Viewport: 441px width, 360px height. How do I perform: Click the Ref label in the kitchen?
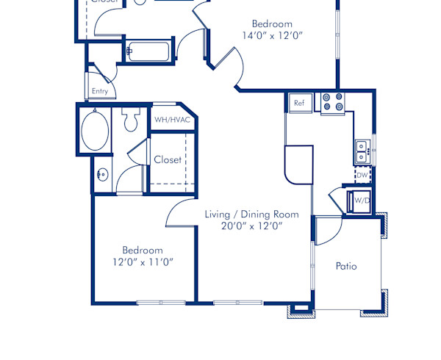coord(299,103)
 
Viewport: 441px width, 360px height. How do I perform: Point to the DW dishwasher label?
coord(362,176)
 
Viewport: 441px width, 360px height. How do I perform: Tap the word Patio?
coord(346,266)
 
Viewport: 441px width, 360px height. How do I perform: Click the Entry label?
coord(100,91)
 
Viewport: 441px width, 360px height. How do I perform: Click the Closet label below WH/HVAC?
coord(168,159)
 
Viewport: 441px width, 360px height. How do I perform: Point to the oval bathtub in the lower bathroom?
coord(95,130)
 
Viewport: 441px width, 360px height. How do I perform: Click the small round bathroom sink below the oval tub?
coord(102,175)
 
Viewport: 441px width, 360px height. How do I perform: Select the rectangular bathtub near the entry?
coord(149,51)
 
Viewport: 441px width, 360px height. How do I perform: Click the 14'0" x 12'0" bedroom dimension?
coord(272,35)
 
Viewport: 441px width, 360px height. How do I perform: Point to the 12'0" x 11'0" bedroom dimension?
coord(143,262)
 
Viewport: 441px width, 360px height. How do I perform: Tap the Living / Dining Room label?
coord(251,215)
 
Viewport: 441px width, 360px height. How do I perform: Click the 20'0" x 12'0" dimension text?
coord(251,226)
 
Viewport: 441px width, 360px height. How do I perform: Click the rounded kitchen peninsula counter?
coord(298,164)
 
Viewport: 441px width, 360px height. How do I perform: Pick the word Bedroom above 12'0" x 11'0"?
coord(143,250)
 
